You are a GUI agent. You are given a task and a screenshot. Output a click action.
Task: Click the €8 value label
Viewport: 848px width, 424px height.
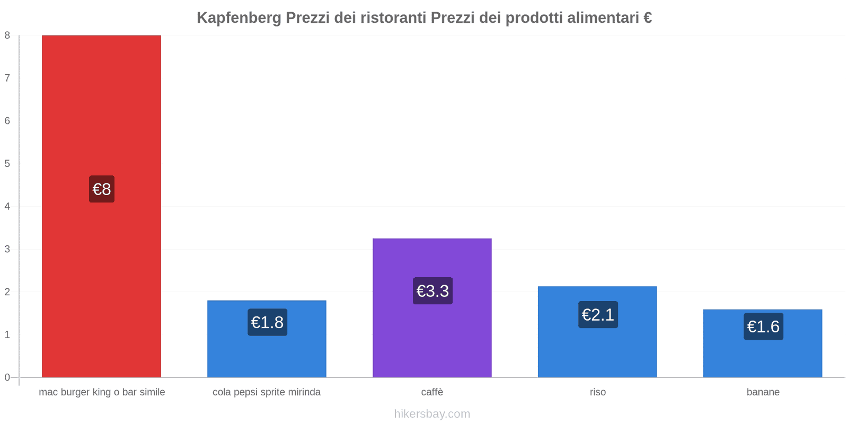coord(102,189)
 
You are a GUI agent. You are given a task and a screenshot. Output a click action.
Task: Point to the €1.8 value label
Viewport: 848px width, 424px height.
coord(267,322)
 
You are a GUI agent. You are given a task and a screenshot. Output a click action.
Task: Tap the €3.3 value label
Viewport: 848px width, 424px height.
coord(432,291)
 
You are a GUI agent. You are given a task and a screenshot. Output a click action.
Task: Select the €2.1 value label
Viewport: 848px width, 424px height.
coord(598,315)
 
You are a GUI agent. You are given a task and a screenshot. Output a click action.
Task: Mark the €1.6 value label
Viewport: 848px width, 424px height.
coord(763,326)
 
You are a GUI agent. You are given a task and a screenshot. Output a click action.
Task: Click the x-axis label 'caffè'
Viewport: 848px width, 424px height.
coord(432,392)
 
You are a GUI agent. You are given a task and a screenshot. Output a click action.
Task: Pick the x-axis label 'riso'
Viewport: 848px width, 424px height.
coord(598,392)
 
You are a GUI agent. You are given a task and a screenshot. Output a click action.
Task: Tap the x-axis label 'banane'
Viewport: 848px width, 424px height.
coord(763,392)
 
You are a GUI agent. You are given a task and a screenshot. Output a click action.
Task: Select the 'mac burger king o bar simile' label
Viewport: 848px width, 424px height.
coord(102,392)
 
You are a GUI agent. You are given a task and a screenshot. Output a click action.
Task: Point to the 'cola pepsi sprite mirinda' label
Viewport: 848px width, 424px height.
coord(267,392)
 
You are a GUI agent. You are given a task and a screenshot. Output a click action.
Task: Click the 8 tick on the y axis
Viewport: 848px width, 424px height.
coord(7,36)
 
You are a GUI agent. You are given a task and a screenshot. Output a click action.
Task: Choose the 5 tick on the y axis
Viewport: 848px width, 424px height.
coord(7,164)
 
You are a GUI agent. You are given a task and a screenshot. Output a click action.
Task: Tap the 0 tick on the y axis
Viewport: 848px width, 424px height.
coord(7,377)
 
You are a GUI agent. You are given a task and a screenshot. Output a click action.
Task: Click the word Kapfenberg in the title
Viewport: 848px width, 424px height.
coord(239,18)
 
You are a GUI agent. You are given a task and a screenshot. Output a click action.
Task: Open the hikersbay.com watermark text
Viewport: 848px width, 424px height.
coord(432,414)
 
